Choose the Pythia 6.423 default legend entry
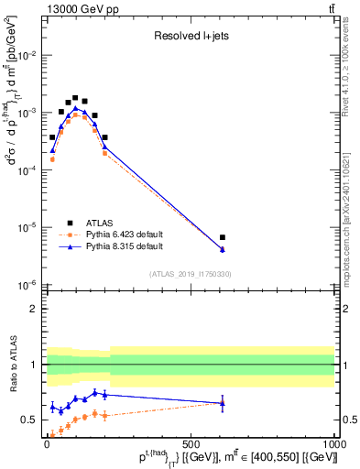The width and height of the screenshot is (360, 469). click(x=97, y=234)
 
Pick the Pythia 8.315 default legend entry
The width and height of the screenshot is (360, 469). click(x=97, y=246)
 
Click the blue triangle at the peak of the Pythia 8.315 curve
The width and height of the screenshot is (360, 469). click(x=77, y=107)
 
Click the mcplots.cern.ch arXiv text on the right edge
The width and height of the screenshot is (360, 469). click(x=351, y=211)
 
